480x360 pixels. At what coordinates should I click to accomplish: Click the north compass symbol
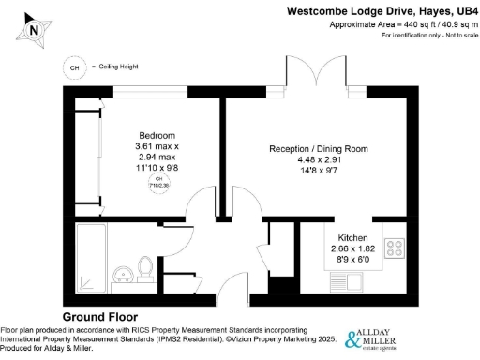tap(34, 28)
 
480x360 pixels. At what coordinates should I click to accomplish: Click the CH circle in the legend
tap(73, 67)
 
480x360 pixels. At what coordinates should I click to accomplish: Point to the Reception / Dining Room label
tap(318, 149)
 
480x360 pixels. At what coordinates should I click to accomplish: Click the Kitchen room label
tap(353, 238)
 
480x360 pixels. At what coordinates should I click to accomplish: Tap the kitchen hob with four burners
tap(395, 249)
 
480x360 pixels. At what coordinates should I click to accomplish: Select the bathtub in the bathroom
tap(91, 257)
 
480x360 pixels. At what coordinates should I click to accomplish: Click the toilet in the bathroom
tap(145, 267)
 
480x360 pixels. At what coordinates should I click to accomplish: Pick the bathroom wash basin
tap(122, 274)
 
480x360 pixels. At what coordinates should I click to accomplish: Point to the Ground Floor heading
tap(100, 317)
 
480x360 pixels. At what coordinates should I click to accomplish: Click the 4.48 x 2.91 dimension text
tap(318, 160)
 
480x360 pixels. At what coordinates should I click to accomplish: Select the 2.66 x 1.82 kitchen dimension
tap(353, 248)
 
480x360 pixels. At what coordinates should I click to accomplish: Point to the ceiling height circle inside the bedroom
tap(158, 182)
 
